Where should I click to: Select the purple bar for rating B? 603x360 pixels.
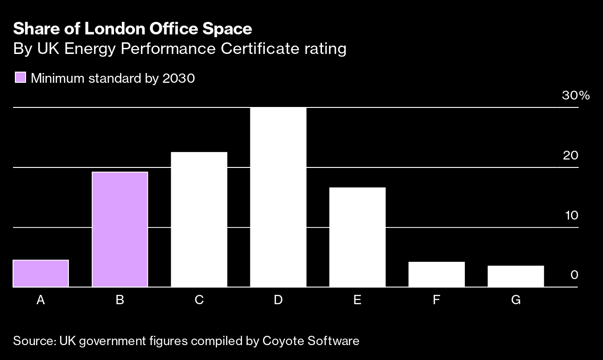point(120,229)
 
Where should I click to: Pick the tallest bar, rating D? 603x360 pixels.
point(278,197)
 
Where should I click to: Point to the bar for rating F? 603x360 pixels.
point(436,274)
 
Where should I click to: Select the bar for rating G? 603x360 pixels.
point(516,276)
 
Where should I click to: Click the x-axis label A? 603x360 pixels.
point(40,300)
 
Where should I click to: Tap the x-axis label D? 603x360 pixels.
point(278,300)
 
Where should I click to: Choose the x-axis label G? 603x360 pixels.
point(516,300)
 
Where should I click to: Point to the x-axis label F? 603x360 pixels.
point(436,300)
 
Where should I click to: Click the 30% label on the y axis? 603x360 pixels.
point(576,96)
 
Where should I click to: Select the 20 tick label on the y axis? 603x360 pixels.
point(570,155)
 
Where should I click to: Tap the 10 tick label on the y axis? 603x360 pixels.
point(570,215)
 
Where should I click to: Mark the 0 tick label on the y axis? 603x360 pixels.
point(574,275)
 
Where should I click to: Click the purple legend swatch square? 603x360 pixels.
point(20,78)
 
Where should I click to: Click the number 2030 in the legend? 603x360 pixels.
point(179,78)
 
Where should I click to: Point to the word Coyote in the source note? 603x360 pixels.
point(283,341)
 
